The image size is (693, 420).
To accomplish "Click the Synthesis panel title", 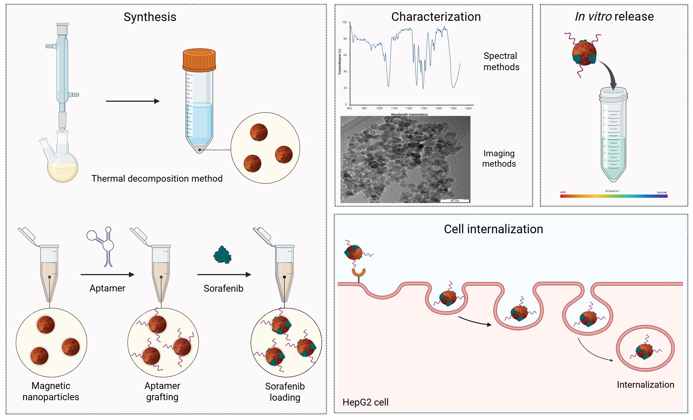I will (x=150, y=17).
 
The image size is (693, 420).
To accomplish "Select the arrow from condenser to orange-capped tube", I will (x=132, y=101).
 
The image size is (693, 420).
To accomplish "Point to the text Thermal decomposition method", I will (x=157, y=178).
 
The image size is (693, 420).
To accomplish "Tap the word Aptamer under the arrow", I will (x=107, y=288).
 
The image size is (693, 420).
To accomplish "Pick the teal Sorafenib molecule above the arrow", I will (x=223, y=255).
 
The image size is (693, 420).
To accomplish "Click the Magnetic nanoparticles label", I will (x=51, y=391).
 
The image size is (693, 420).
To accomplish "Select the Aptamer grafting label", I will (x=162, y=391).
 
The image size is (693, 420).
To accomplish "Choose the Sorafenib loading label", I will (x=285, y=392).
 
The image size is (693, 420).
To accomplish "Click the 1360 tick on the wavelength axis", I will (x=424, y=108).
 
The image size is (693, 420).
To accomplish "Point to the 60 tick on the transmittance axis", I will (x=345, y=55).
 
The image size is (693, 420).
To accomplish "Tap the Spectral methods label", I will (x=501, y=61).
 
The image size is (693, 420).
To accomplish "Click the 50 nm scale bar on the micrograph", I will (x=454, y=200).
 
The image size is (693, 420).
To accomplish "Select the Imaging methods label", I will (x=499, y=159).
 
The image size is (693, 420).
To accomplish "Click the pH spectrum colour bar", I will (x=613, y=196).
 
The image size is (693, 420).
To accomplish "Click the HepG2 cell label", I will (x=365, y=402).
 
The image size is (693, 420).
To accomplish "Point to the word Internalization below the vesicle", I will (x=645, y=384).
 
